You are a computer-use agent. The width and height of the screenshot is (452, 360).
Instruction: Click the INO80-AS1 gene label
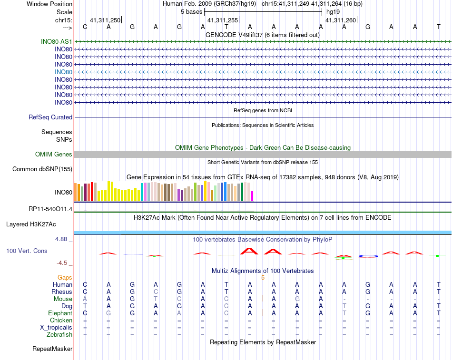57,41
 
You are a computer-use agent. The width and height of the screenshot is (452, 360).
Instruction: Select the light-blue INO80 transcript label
63,72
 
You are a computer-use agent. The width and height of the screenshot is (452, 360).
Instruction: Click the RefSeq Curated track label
50,117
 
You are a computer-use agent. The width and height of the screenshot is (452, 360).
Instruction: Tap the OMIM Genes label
54,154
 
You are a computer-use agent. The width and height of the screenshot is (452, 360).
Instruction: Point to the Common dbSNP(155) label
42,169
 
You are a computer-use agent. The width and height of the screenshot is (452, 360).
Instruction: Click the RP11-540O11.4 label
50,209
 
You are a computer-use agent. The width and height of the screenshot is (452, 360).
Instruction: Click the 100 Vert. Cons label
27,251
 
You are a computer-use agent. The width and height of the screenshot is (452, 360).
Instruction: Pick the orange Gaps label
65,277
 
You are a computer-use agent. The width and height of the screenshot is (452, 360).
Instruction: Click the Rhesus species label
62,292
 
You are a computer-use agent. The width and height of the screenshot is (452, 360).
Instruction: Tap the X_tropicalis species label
56,327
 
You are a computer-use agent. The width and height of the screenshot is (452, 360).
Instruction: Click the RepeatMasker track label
52,349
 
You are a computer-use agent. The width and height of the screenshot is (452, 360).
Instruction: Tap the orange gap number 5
263,277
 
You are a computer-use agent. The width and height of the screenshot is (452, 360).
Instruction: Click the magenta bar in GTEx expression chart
252,196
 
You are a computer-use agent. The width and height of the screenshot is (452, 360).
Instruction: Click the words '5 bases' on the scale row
191,11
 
